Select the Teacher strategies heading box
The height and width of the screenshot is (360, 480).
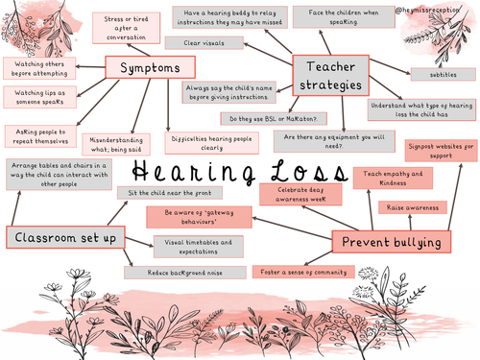click(330, 73)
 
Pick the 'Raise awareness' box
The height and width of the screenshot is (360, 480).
click(415, 208)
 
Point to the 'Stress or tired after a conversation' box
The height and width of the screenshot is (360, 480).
click(128, 27)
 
